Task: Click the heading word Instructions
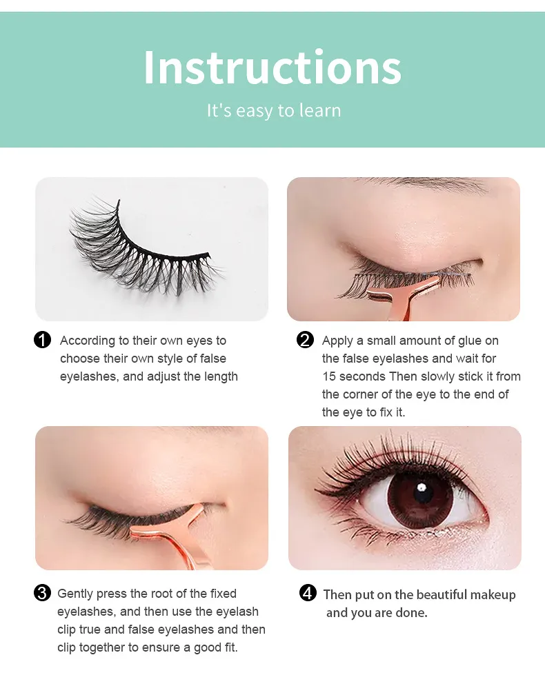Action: click(272, 67)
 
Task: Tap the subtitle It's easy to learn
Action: click(274, 110)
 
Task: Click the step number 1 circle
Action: click(42, 340)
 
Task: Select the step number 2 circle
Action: click(305, 340)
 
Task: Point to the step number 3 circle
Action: click(42, 593)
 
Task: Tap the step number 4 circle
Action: click(308, 593)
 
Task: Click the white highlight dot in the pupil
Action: click(422, 487)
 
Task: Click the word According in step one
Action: click(88, 341)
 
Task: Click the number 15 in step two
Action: click(329, 376)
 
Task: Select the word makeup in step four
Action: click(493, 595)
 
